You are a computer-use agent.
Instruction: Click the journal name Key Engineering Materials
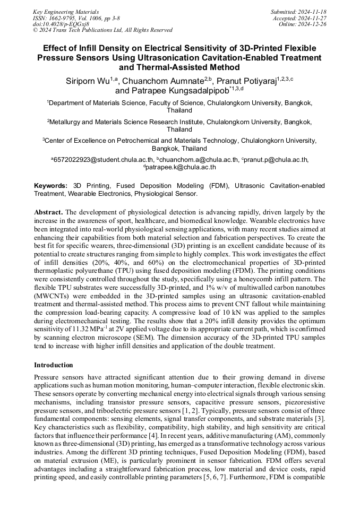[65, 11]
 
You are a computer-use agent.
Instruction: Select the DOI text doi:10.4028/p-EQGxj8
[61, 24]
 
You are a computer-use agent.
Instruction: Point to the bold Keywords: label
[50, 186]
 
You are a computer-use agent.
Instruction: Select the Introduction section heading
[54, 365]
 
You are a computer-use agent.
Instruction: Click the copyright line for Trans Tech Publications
[102, 30]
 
